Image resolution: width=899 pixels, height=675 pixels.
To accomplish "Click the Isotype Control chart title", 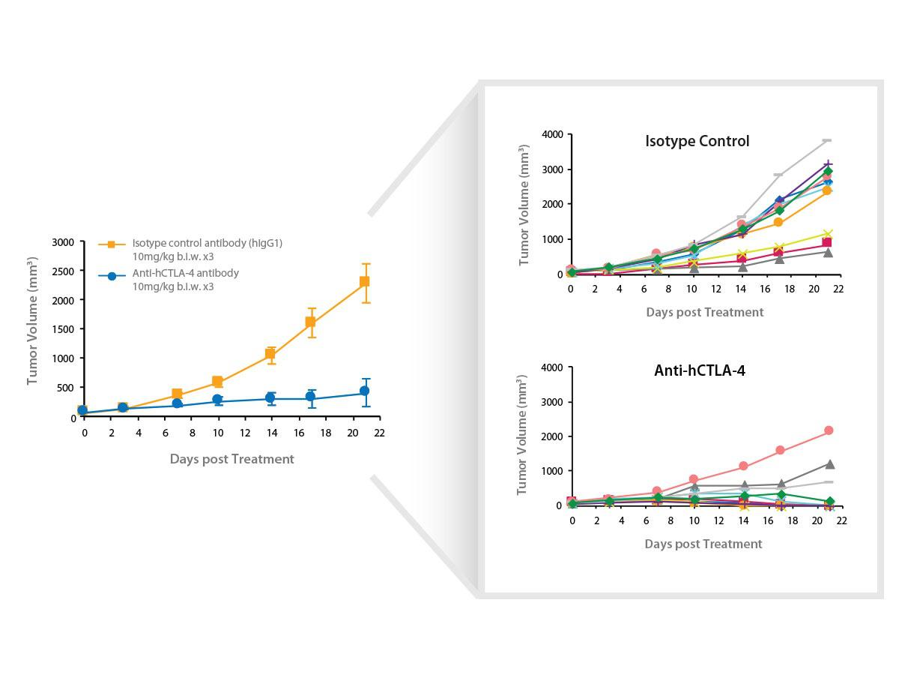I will pos(697,141).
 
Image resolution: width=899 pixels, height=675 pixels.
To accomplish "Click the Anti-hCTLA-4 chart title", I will pos(699,370).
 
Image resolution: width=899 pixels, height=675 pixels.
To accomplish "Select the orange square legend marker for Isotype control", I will pos(111,244).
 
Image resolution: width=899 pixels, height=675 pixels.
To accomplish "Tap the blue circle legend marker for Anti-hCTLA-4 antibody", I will pos(112,276).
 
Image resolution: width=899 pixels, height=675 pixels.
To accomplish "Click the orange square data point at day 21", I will pos(365,281).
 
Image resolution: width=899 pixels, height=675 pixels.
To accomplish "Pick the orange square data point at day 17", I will pos(310,322).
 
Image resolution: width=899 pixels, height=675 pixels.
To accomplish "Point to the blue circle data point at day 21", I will pos(365,391).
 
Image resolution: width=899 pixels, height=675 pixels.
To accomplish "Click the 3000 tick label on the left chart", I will pos(63,242).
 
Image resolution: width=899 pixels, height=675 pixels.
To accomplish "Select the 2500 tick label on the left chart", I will pos(63,271).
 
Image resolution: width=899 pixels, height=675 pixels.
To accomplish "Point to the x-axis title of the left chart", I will pos(231,459).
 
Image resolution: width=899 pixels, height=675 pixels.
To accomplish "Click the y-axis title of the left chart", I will pos(33,321).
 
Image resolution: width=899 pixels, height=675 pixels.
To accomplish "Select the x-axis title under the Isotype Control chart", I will pos(704,312).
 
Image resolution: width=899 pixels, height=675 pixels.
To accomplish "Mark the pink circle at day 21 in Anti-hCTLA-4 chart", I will pos(829,430).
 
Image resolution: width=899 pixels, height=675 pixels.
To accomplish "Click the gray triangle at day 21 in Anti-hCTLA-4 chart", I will pos(829,465).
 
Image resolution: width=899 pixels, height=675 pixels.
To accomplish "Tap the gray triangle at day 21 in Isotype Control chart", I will pos(828,252).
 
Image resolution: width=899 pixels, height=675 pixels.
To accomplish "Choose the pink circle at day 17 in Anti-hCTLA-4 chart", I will pos(780,451).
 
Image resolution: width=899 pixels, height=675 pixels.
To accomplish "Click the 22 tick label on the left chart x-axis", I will pos(379,433).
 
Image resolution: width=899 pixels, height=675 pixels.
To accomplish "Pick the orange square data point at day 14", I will pos(270,355).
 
